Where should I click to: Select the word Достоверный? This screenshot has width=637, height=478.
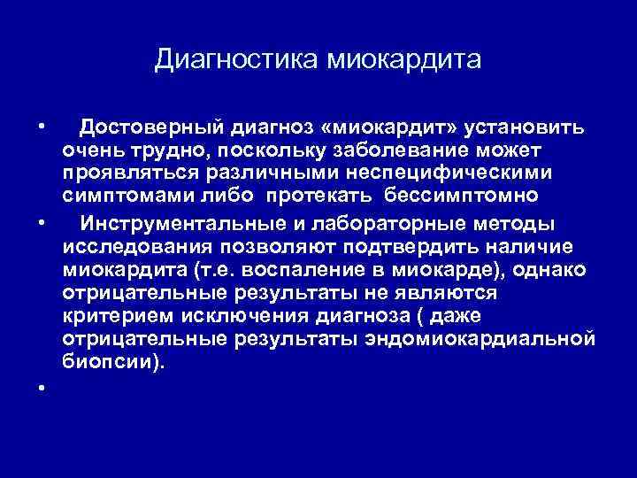coord(166,128)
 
